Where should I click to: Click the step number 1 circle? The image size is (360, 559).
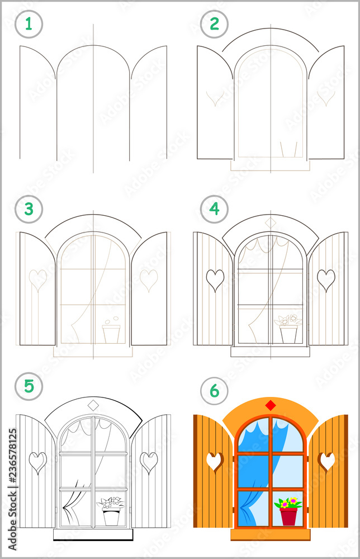click(29, 25)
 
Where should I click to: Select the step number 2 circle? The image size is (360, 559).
click(214, 25)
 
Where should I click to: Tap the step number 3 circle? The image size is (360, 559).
click(29, 209)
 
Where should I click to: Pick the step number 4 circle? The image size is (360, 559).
click(214, 209)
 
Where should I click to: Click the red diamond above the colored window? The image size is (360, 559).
click(271, 405)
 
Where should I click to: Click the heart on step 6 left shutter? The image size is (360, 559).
click(214, 461)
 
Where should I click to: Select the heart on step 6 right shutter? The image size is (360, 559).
click(327, 461)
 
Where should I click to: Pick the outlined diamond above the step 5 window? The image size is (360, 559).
click(93, 405)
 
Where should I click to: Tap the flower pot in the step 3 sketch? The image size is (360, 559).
click(111, 334)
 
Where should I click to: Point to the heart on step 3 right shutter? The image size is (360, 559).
click(149, 279)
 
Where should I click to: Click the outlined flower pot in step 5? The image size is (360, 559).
click(112, 516)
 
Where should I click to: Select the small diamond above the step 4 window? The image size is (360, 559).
click(271, 222)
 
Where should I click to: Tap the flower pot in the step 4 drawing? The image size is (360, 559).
click(288, 334)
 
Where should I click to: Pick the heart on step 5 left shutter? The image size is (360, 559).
click(37, 462)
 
